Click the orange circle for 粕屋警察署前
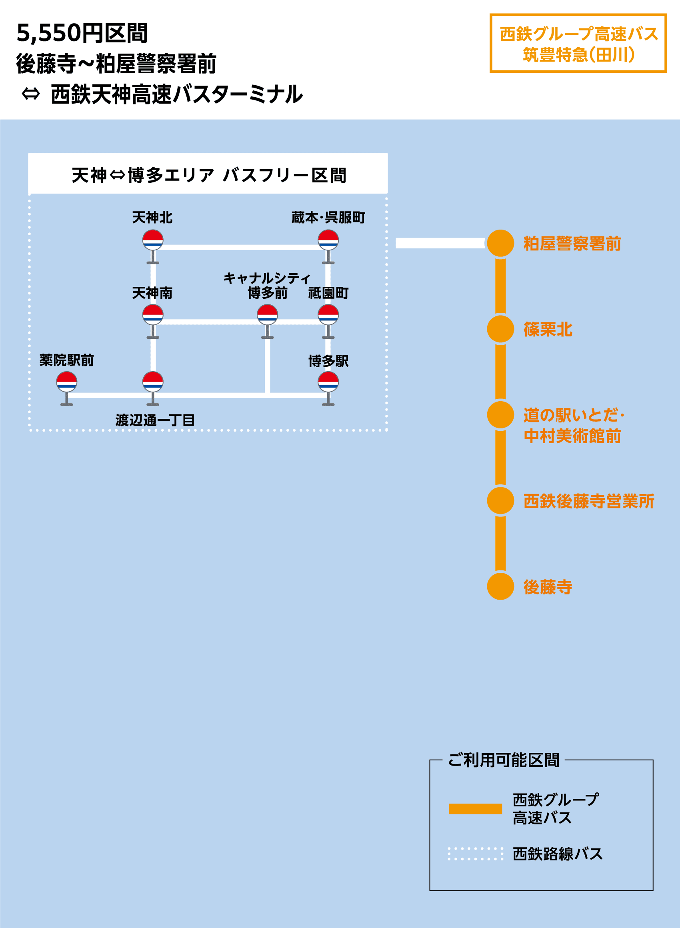(x=500, y=243)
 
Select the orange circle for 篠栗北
(x=500, y=329)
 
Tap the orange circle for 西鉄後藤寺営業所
(x=500, y=500)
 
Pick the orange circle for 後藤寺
(x=500, y=586)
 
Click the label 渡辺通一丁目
(x=155, y=420)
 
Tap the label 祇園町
(x=328, y=293)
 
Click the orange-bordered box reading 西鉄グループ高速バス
(x=578, y=43)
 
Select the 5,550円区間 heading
(x=82, y=33)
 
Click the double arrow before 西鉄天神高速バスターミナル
(x=31, y=94)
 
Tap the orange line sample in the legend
(x=475, y=809)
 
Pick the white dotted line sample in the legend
(x=475, y=854)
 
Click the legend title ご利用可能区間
(x=504, y=760)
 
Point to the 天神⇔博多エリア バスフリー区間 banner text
(x=209, y=175)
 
